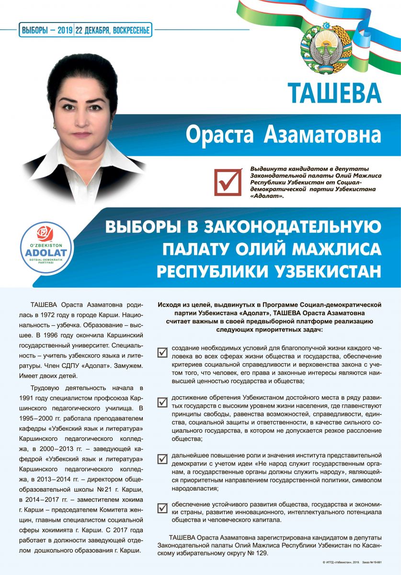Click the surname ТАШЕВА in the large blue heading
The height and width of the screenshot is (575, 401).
[x=334, y=92]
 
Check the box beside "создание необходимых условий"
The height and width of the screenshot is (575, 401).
[x=162, y=353]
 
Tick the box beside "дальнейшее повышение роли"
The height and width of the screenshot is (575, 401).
[x=162, y=459]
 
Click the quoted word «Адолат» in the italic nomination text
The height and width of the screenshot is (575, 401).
[x=267, y=195]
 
